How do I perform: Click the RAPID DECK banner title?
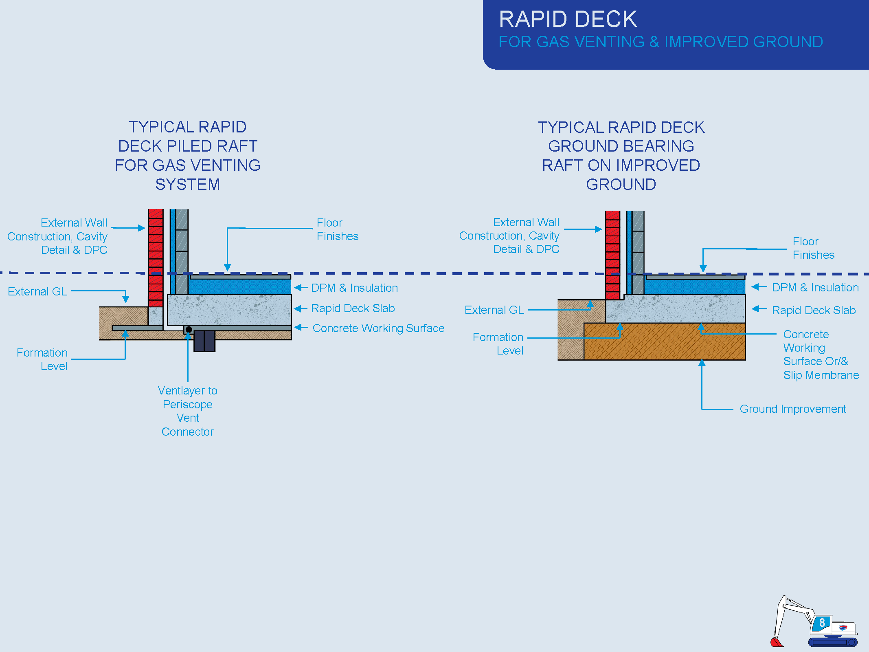(x=568, y=19)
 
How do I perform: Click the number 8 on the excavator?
(x=822, y=623)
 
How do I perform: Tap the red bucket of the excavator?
(x=777, y=642)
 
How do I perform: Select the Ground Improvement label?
(x=793, y=409)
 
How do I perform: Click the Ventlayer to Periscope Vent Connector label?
(x=188, y=411)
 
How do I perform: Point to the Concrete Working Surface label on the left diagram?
(x=378, y=328)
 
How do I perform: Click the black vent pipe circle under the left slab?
(x=189, y=329)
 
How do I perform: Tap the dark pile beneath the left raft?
(x=204, y=341)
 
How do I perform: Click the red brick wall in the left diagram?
(x=156, y=258)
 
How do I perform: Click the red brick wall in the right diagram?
(x=612, y=255)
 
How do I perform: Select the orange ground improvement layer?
(x=665, y=341)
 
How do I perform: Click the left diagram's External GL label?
(x=37, y=291)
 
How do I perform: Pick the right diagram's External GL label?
(x=494, y=310)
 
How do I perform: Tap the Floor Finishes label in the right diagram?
(x=813, y=248)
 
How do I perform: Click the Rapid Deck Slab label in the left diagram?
(x=353, y=308)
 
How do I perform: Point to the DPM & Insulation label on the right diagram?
(x=815, y=287)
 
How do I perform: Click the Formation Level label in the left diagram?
(x=42, y=359)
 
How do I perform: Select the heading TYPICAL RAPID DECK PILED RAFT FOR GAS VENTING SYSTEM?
(x=188, y=156)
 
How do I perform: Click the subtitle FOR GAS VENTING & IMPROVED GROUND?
(x=661, y=42)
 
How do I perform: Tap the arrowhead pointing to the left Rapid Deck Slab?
(x=298, y=308)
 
